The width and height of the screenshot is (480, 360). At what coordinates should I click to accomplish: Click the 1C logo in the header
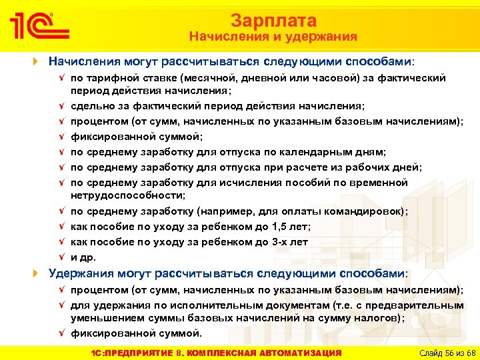(x=39, y=27)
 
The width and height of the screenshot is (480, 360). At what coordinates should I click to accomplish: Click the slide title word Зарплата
(x=273, y=21)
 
